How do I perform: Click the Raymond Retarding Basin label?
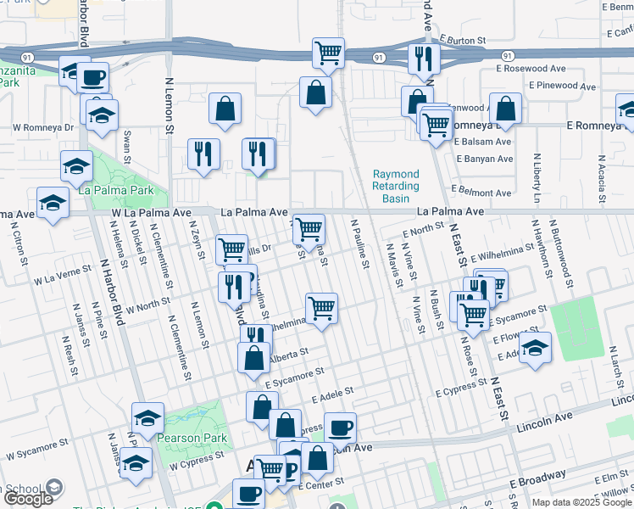coord(396,187)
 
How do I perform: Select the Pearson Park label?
coord(186,439)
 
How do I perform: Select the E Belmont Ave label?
coord(481,192)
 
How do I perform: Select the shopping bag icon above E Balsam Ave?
coord(505,108)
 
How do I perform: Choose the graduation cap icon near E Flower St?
coord(534,348)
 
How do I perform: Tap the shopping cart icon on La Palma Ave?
coord(309,227)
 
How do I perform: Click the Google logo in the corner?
coord(28,499)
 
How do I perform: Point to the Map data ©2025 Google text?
coord(581,502)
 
